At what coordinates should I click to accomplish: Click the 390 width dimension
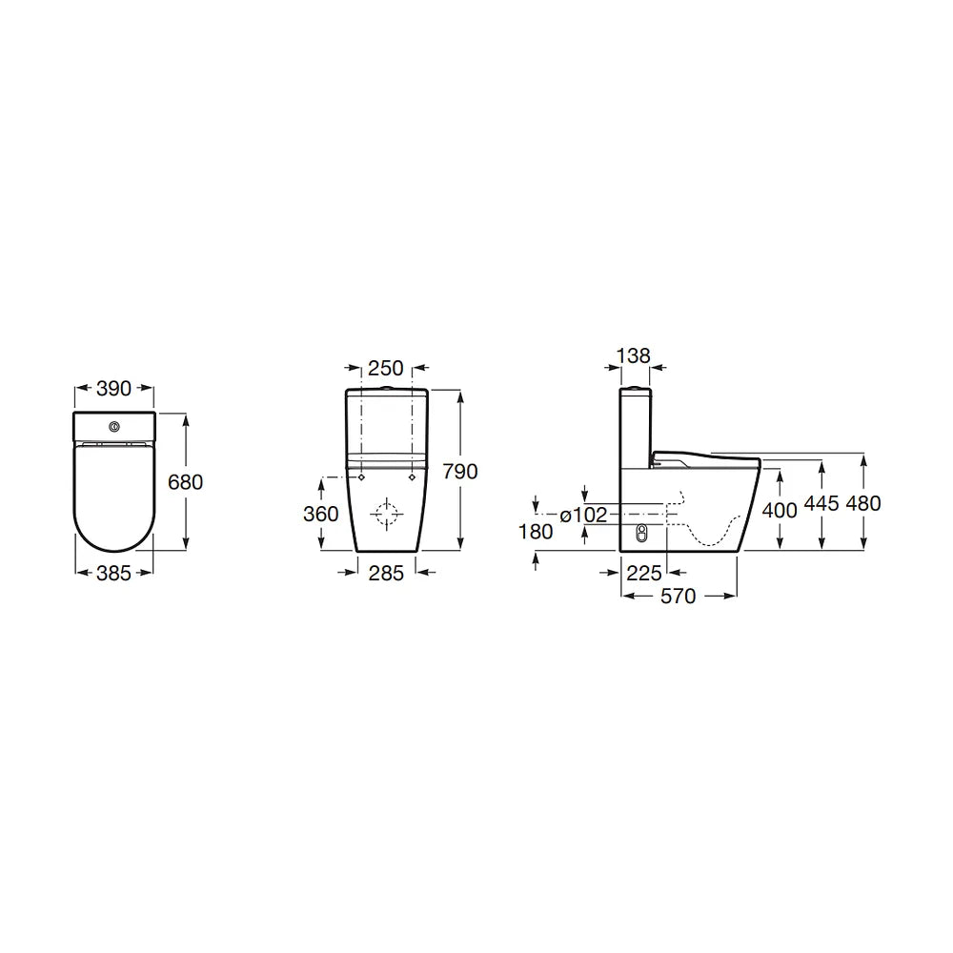point(113,389)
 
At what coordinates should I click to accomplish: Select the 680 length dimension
point(186,482)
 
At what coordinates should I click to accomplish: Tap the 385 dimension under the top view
point(113,573)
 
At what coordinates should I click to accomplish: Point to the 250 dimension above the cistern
point(386,368)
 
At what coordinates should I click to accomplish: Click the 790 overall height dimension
point(460,472)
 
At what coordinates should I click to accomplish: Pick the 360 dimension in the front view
point(321,515)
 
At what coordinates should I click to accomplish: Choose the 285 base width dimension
point(386,573)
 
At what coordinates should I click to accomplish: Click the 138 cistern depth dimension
point(634,355)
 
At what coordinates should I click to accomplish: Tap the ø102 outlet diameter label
point(583,516)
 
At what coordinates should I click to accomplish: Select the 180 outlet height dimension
point(536,532)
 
